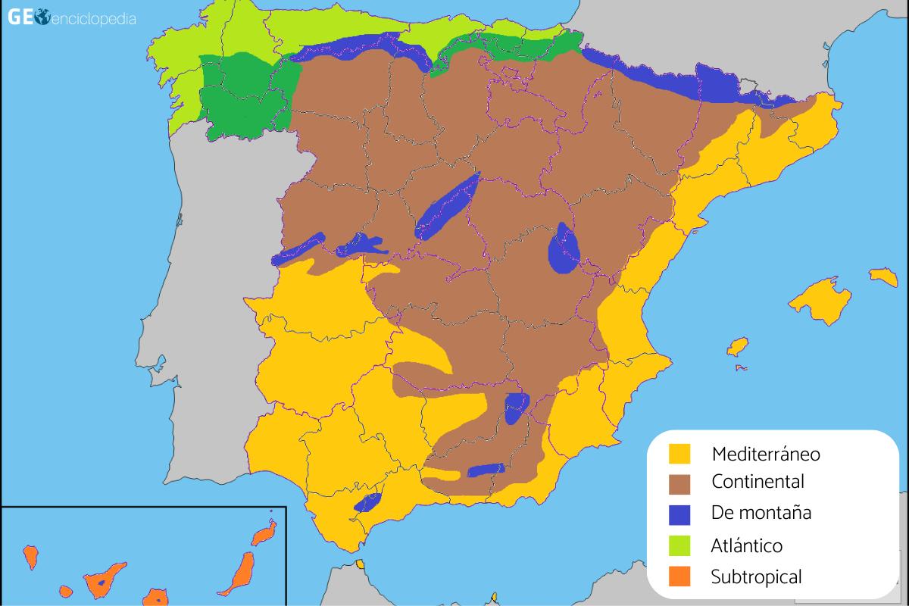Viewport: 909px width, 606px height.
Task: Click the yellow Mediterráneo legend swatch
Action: point(679,454)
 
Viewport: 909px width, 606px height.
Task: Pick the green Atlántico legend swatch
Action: point(679,545)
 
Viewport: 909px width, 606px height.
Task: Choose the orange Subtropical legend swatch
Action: point(679,576)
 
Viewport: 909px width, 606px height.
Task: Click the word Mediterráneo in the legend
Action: point(766,454)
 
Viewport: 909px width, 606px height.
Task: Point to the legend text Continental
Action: point(757,481)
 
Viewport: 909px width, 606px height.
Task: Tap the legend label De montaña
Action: point(761,513)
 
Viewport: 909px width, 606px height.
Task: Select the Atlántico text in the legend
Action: point(746,545)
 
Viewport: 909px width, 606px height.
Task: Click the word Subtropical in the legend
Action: point(756,577)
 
